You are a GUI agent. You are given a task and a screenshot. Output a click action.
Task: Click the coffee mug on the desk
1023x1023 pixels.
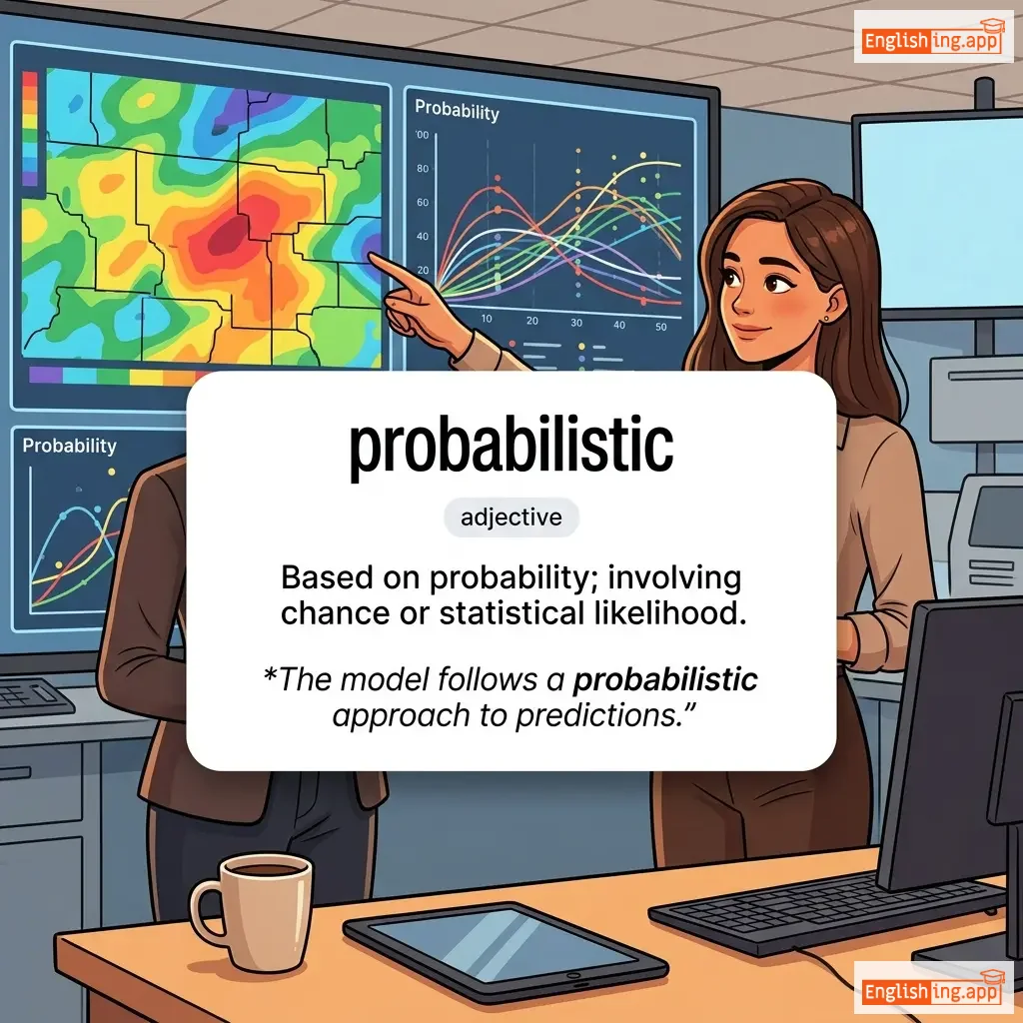pyautogui.click(x=252, y=911)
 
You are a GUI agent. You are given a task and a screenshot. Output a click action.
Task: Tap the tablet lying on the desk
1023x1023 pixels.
pyautogui.click(x=505, y=951)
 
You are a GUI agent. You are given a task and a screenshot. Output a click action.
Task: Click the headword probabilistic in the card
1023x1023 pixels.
pyautogui.click(x=511, y=447)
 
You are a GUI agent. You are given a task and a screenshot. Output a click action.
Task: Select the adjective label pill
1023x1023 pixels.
pyautogui.click(x=511, y=517)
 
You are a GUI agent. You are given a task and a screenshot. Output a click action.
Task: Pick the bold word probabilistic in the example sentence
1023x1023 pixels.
pyautogui.click(x=664, y=680)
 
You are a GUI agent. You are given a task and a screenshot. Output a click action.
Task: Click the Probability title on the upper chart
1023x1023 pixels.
pyautogui.click(x=457, y=110)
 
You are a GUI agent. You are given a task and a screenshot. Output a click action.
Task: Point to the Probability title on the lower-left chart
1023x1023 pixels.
pyautogui.click(x=69, y=446)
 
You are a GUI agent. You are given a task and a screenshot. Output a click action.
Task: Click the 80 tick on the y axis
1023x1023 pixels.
pyautogui.click(x=423, y=168)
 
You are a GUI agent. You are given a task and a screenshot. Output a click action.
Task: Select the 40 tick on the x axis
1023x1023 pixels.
pyautogui.click(x=619, y=325)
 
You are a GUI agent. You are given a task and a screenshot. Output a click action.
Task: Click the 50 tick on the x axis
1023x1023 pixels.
pyautogui.click(x=661, y=327)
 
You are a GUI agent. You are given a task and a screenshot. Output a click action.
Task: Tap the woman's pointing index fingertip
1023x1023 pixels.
pyautogui.click(x=372, y=257)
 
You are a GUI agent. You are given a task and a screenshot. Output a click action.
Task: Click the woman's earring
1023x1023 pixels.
pyautogui.click(x=826, y=319)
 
